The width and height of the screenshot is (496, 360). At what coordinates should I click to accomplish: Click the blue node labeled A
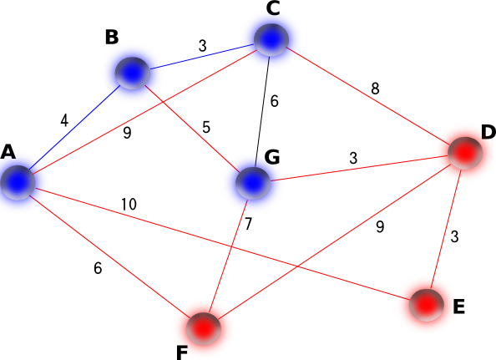tap(18, 183)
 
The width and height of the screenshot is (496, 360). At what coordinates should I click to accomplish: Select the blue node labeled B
tap(132, 73)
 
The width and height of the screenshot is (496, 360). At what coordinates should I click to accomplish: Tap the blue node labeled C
tap(271, 39)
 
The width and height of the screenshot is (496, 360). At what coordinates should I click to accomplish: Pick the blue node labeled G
tap(253, 183)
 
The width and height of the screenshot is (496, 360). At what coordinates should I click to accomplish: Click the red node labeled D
tap(465, 153)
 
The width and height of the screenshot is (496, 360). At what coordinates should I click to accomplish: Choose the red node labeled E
tap(427, 305)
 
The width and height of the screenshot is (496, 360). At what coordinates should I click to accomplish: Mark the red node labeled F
tap(203, 329)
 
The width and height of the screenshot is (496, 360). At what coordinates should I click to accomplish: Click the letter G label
tap(271, 156)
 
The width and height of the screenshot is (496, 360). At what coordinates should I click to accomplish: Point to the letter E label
tap(459, 307)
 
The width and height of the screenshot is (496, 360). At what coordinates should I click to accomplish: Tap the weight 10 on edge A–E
tap(129, 205)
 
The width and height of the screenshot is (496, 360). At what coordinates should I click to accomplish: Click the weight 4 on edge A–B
tap(64, 120)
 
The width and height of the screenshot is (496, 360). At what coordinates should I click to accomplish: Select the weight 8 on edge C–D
tap(375, 89)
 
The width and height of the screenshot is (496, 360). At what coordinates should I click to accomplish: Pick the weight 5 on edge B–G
tap(206, 127)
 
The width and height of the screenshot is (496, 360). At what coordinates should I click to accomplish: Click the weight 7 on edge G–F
tap(248, 224)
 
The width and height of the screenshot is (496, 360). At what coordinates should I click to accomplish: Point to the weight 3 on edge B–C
tap(202, 46)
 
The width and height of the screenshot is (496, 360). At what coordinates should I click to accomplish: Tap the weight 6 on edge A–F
tap(98, 268)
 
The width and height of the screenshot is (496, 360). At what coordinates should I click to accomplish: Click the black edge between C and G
tap(262, 111)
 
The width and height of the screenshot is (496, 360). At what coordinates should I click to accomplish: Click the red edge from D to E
tap(446, 229)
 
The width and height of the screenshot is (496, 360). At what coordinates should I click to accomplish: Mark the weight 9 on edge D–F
tap(380, 226)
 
